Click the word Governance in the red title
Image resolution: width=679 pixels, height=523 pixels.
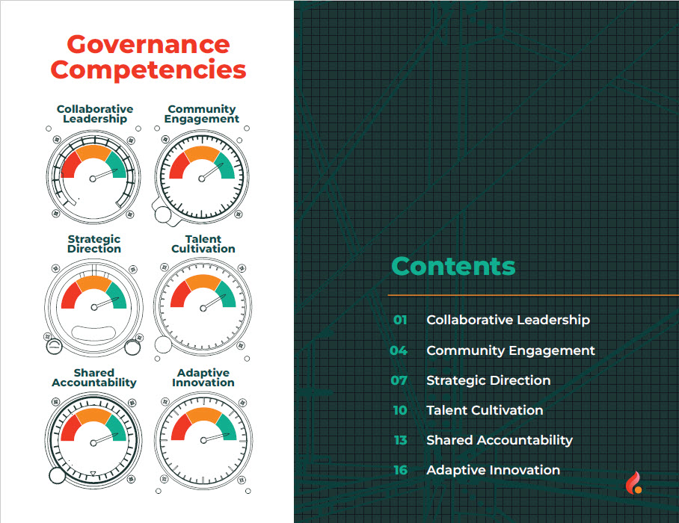click(148, 46)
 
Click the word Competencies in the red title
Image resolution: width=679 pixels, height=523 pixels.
click(148, 70)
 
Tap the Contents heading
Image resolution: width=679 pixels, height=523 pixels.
click(453, 266)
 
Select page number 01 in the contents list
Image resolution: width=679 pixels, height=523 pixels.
click(400, 320)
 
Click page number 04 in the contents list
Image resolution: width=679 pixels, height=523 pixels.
click(399, 350)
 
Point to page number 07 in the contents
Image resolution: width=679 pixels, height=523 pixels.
click(399, 380)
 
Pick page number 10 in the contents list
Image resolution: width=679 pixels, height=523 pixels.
click(400, 410)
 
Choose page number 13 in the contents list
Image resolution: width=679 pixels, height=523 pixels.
click(401, 440)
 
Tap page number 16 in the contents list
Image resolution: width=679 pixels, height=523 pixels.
click(401, 470)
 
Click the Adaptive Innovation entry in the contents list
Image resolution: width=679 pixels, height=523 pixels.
click(494, 470)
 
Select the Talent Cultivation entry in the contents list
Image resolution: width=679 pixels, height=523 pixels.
click(485, 410)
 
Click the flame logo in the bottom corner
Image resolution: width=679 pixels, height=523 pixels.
click(633, 483)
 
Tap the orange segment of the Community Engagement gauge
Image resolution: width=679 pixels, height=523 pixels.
click(202, 153)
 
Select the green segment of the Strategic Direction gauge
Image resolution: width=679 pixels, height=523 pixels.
click(117, 295)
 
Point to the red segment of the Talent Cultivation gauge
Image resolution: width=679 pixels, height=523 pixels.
click(179, 294)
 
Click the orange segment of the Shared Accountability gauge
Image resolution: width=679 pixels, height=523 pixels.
click(93, 415)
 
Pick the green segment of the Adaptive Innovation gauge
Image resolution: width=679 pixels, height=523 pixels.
click(227, 428)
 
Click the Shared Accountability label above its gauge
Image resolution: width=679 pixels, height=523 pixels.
click(94, 378)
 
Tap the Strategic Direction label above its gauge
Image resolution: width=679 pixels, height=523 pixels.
click(94, 244)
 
